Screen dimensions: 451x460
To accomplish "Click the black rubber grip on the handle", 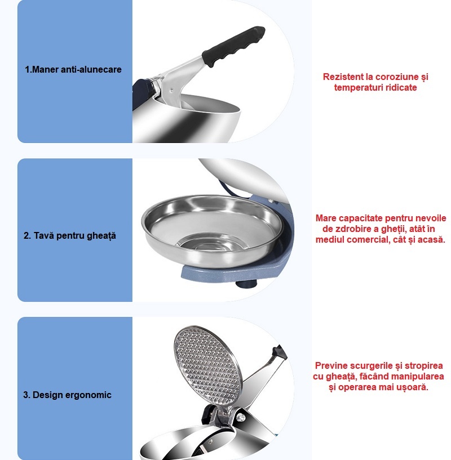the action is click(x=233, y=46).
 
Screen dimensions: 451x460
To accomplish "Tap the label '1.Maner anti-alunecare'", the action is click(x=73, y=69).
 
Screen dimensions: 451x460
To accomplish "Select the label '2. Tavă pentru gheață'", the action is click(x=70, y=235).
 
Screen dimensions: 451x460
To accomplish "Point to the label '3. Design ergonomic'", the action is click(x=67, y=395).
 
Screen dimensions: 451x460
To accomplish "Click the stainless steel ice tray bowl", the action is click(x=212, y=230).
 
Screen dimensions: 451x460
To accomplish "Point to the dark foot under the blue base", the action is click(x=246, y=284).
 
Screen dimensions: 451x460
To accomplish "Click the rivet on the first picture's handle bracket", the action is click(x=171, y=90).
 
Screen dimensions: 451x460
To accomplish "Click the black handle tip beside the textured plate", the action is click(x=280, y=352).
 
